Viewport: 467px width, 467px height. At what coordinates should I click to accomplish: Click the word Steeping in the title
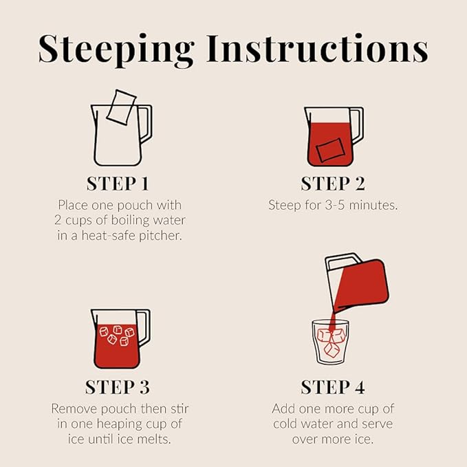pyautogui.click(x=116, y=50)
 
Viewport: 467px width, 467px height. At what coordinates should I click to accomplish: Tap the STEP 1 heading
pyautogui.click(x=118, y=184)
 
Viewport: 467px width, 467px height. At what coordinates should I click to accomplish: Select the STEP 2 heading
pyautogui.click(x=333, y=184)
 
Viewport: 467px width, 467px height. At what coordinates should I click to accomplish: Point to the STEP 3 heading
pyautogui.click(x=118, y=387)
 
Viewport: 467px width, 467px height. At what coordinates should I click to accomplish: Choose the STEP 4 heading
pyautogui.click(x=333, y=387)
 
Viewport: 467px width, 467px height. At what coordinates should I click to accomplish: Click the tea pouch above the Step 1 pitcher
pyautogui.click(x=121, y=107)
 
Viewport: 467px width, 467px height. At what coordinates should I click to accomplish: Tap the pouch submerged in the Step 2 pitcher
pyautogui.click(x=330, y=150)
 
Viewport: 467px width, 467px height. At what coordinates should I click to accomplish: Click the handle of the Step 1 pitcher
pyautogui.click(x=146, y=123)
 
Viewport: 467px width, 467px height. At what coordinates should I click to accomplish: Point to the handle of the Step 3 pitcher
pyautogui.click(x=144, y=327)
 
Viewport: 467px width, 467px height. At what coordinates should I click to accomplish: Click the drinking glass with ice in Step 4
pyautogui.click(x=330, y=342)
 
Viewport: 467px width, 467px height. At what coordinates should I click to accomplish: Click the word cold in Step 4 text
pyautogui.click(x=287, y=424)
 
